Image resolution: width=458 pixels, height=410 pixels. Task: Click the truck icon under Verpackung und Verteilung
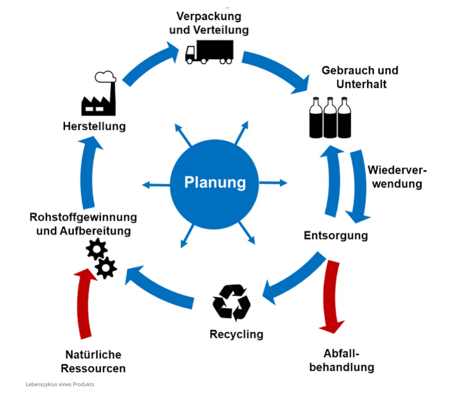[x=209, y=52]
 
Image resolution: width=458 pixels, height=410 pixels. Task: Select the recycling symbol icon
[x=231, y=302]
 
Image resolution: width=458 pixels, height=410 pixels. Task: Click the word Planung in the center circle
[x=215, y=182]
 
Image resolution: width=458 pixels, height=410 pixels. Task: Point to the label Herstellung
[x=94, y=126]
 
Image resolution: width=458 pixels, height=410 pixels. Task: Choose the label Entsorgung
[x=336, y=235]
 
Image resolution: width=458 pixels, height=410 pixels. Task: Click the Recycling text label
[x=236, y=334]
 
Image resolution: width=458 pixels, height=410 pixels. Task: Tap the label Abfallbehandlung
[x=342, y=360]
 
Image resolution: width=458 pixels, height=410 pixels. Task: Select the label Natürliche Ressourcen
[x=93, y=361]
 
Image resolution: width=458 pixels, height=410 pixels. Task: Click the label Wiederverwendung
[x=397, y=177]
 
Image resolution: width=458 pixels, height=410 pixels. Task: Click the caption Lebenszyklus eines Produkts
[x=60, y=384]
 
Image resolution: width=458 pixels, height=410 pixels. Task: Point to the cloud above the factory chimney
[x=105, y=77]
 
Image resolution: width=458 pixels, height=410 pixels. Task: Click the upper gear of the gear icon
[x=96, y=249]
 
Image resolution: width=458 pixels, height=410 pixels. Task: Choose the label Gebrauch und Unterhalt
[x=360, y=77]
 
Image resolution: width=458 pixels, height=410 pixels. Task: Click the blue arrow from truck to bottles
[x=275, y=70]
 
